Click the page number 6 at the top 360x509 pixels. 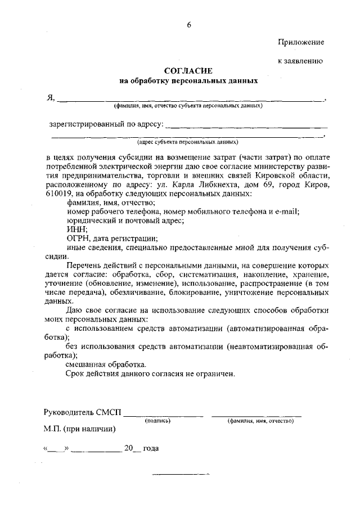189,24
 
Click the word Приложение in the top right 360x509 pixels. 301,42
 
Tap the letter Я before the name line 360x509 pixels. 50,97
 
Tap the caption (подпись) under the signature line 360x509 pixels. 158,420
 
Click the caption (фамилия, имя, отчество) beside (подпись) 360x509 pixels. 260,420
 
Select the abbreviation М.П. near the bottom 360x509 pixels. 53,429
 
